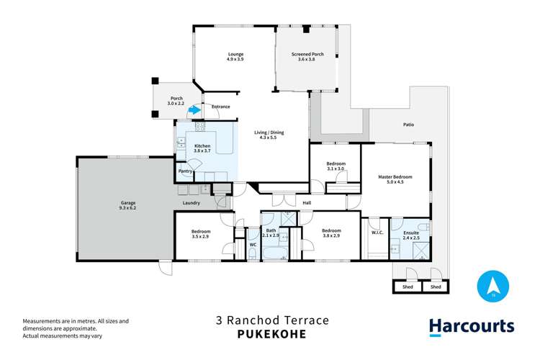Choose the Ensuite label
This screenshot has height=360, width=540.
tap(411, 235)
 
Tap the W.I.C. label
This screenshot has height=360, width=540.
tap(377, 232)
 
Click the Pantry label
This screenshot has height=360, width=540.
tap(185, 171)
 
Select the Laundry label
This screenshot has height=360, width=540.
tap(192, 203)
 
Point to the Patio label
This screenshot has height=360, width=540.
tap(408, 125)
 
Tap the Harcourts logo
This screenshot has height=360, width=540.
tap(472, 326)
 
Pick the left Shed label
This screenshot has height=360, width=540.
tap(408, 287)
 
